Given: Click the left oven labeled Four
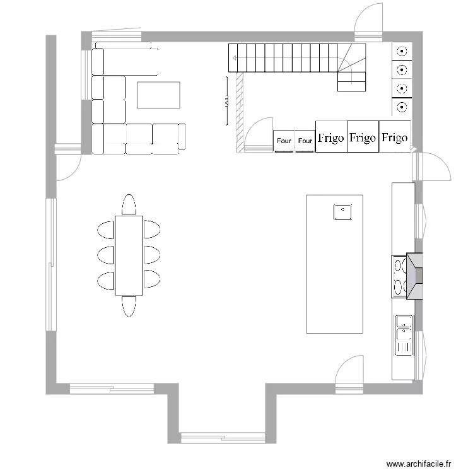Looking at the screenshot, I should click(284, 141).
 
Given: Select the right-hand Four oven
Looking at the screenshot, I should click(305, 141).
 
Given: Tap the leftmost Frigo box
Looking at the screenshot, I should click(331, 137).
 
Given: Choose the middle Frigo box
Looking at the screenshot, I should click(363, 137).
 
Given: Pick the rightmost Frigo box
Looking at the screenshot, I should click(395, 137).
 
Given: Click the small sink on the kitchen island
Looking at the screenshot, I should click(342, 211).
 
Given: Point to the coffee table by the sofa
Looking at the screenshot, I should click(159, 95).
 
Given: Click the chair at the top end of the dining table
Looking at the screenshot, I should click(129, 204).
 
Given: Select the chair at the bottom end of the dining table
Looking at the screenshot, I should click(129, 306).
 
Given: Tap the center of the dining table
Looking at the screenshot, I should click(129, 255).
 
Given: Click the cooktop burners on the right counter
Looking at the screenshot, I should click(399, 276).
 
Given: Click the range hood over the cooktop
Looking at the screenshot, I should click(416, 275).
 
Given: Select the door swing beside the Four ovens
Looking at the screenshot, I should click(259, 134).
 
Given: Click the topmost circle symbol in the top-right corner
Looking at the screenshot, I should click(401, 51).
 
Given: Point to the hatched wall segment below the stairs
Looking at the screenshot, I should click(240, 112).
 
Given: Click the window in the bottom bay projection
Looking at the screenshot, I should click(223, 437).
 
